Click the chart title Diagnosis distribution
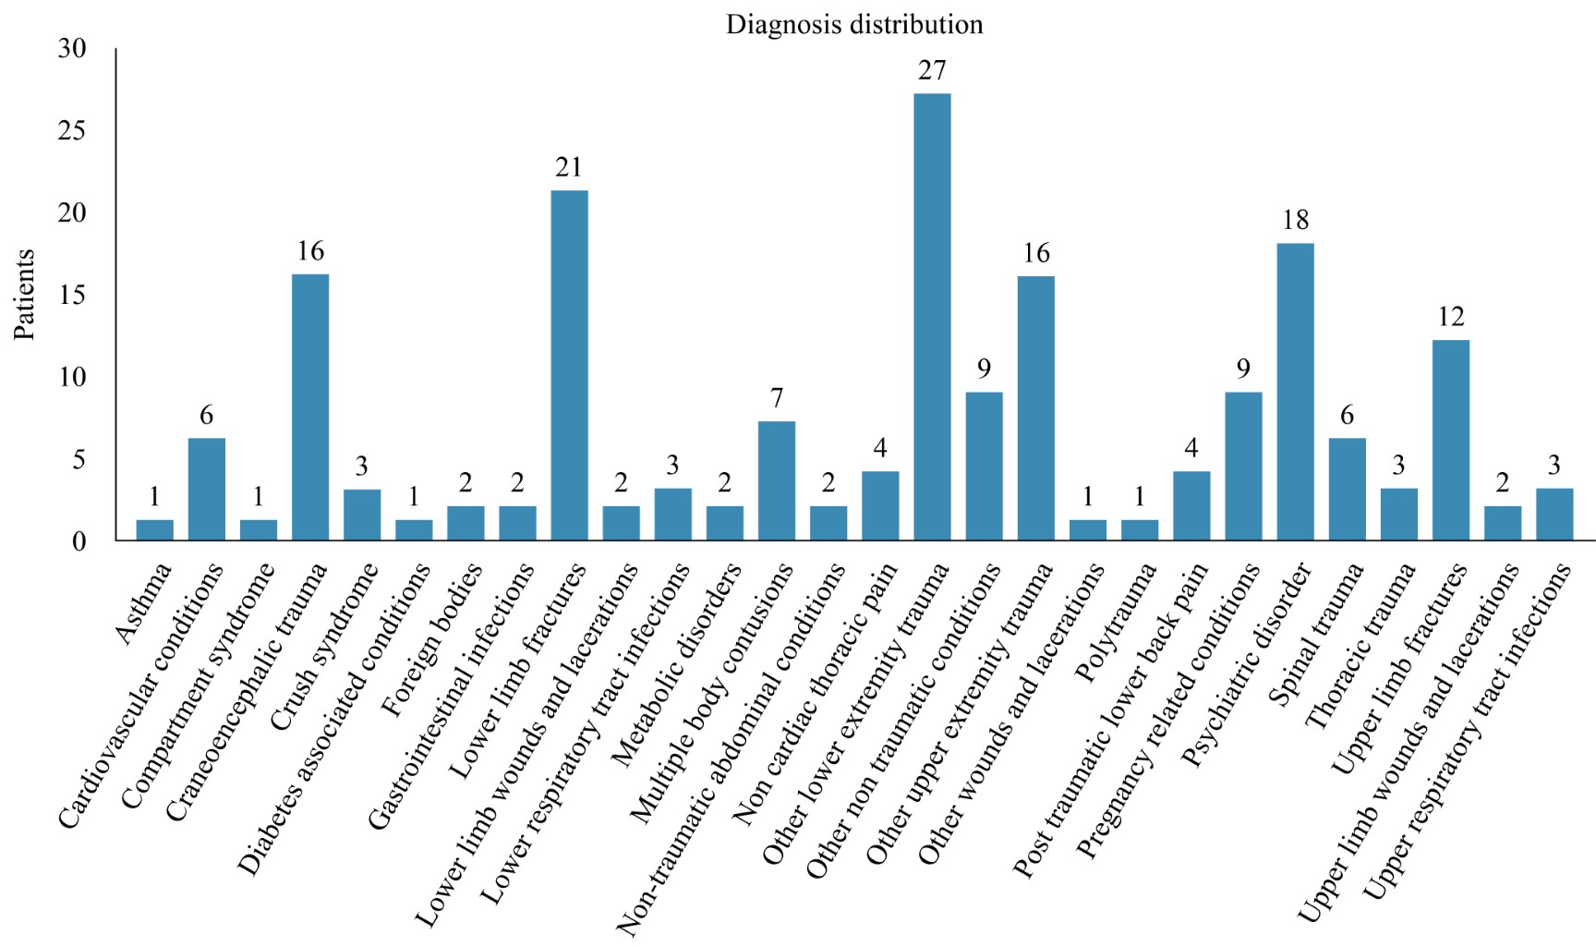(853, 25)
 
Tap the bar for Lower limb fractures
(569, 365)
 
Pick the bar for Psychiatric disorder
(1295, 392)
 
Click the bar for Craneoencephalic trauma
(310, 407)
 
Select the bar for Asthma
(155, 530)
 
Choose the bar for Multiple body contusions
(777, 480)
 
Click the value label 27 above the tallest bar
(932, 71)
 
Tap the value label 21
(569, 167)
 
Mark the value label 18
(1295, 221)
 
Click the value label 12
(1450, 318)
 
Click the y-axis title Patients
(25, 295)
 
